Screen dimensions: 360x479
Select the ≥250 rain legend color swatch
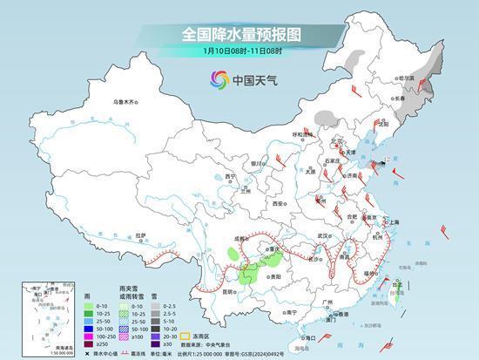pos(90,343)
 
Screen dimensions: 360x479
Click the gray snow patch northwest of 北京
pos(325,117)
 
